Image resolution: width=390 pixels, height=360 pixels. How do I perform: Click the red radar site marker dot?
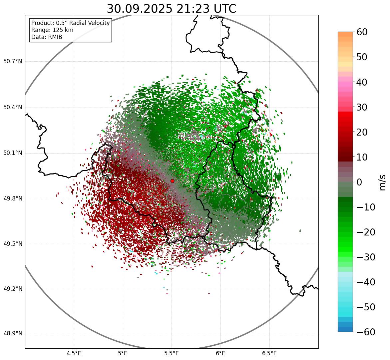172,181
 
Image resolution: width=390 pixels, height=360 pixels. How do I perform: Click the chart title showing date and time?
171,9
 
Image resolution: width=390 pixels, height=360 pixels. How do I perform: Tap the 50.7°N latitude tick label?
13,62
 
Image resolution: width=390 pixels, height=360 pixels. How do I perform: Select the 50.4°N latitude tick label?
13,108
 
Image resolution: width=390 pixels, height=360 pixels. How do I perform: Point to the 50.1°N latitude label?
13,153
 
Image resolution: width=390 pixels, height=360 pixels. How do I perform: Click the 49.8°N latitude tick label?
13,199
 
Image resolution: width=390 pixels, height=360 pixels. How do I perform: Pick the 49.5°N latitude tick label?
13,244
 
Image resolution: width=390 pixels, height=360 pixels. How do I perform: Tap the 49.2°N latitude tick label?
13,289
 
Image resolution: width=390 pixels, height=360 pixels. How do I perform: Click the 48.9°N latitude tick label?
13,334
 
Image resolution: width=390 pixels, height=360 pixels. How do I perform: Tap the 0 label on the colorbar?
359,182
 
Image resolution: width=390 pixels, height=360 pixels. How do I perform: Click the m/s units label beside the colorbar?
382,182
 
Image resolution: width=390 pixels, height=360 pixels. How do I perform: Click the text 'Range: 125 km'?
52,30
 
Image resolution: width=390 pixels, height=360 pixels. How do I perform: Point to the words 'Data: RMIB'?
47,37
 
